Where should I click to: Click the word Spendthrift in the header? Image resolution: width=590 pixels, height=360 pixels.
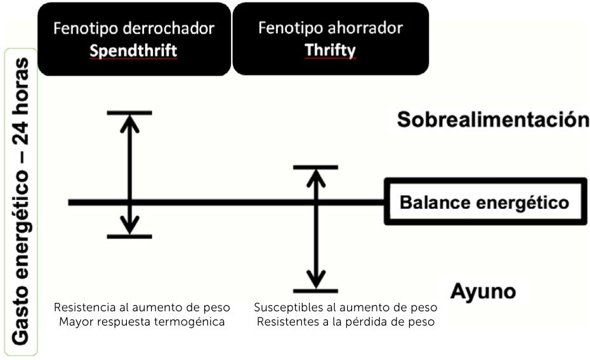tap(133, 51)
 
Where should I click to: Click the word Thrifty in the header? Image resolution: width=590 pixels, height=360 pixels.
tap(330, 50)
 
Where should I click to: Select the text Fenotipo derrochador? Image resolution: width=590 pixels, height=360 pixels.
tap(133, 29)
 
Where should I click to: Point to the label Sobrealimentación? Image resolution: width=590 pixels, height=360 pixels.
tap(493, 119)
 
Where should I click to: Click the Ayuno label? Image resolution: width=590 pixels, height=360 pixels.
tap(483, 291)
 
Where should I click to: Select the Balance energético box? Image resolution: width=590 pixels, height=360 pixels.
tap(484, 203)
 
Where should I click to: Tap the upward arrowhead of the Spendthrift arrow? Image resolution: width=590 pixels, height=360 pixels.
tap(130, 122)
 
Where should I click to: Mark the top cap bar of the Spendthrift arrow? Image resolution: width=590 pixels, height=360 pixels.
tap(130, 113)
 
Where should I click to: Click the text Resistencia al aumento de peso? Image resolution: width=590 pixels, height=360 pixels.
tap(141, 307)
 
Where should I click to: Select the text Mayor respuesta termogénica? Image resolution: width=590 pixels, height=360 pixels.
tap(141, 321)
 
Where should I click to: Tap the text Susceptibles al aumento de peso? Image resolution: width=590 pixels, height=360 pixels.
tap(346, 307)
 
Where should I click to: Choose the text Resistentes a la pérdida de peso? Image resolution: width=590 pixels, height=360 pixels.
tap(346, 321)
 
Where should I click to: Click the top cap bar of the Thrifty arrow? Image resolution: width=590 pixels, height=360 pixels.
tap(315, 167)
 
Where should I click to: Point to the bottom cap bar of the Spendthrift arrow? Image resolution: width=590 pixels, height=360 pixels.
tap(130, 236)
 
